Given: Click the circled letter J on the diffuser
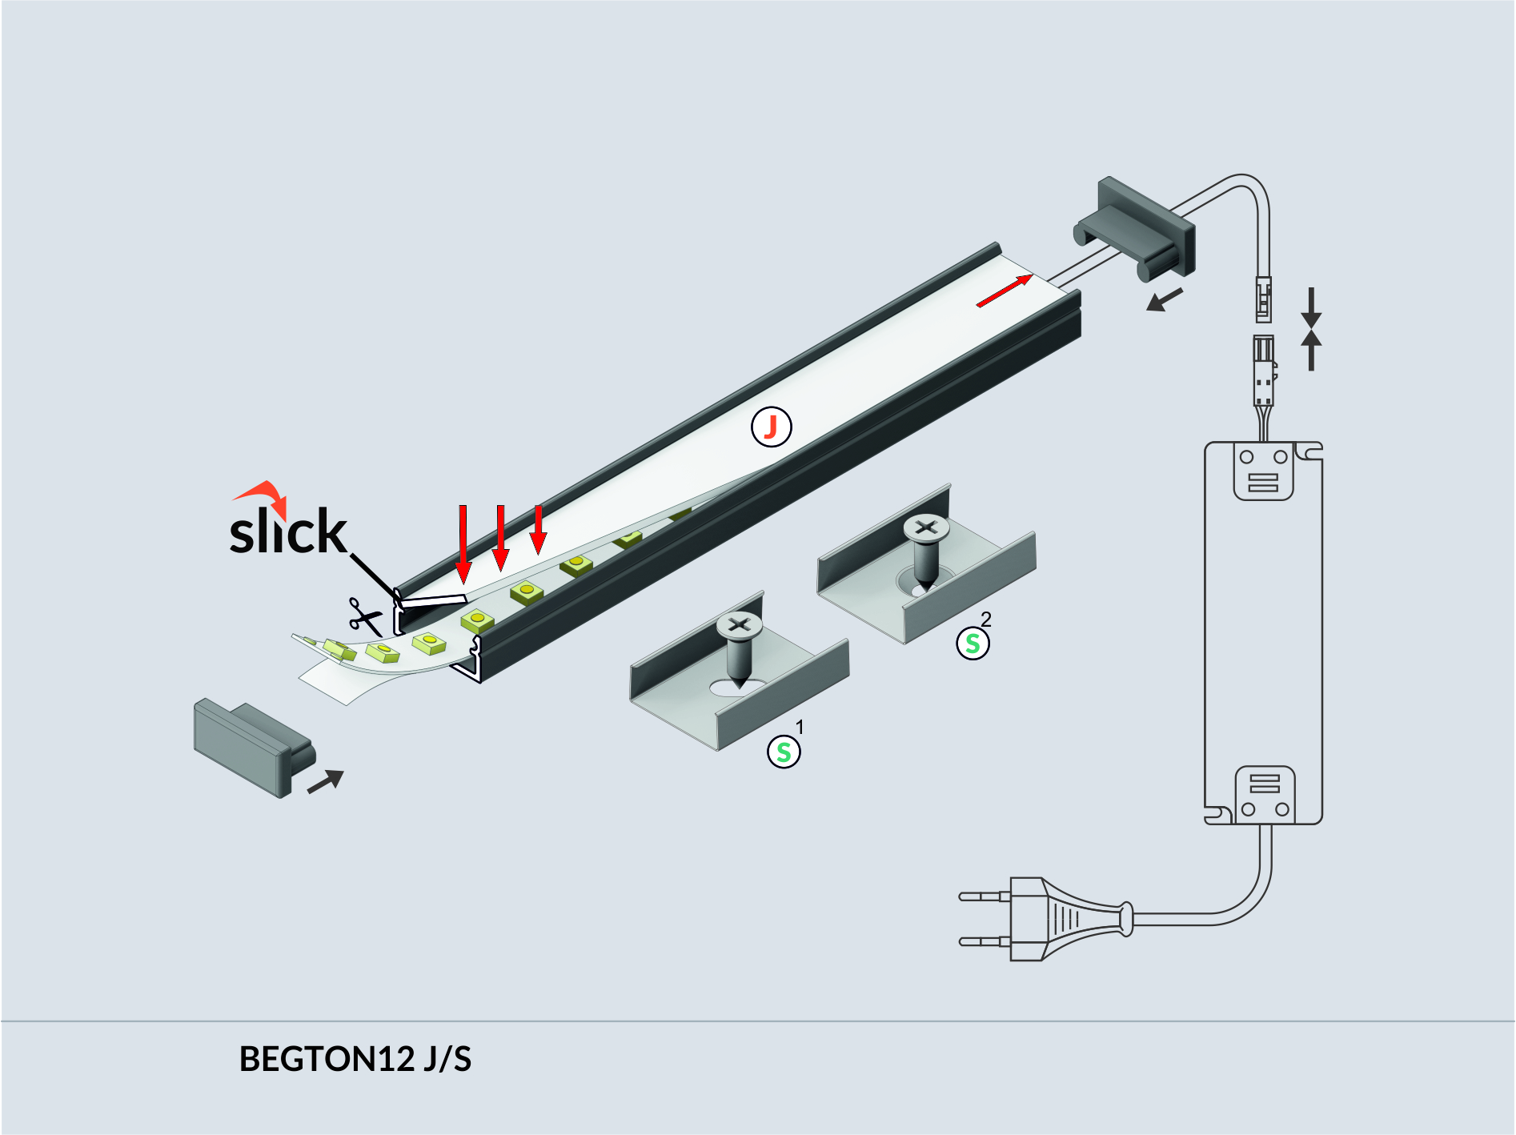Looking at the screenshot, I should tap(771, 427).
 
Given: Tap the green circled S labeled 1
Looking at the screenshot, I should tap(784, 752).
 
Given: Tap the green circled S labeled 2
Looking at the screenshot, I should tap(973, 643).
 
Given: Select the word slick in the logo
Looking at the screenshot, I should tap(288, 531).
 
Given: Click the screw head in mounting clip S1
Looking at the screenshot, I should tap(740, 624).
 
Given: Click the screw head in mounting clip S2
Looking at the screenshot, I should tap(926, 527).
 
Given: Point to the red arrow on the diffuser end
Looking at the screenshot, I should tap(1005, 291).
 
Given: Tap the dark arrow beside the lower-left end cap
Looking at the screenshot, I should tap(326, 780).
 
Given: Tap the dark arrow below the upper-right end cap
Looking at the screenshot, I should tap(1165, 301).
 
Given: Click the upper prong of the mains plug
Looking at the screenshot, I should tap(985, 896).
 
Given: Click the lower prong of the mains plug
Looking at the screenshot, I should tap(985, 941).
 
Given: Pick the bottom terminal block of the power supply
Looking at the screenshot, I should tap(1264, 795).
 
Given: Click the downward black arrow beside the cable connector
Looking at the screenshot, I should tap(1310, 307).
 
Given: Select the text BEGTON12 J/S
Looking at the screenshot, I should tap(355, 1059).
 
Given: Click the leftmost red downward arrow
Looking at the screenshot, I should tap(463, 544).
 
